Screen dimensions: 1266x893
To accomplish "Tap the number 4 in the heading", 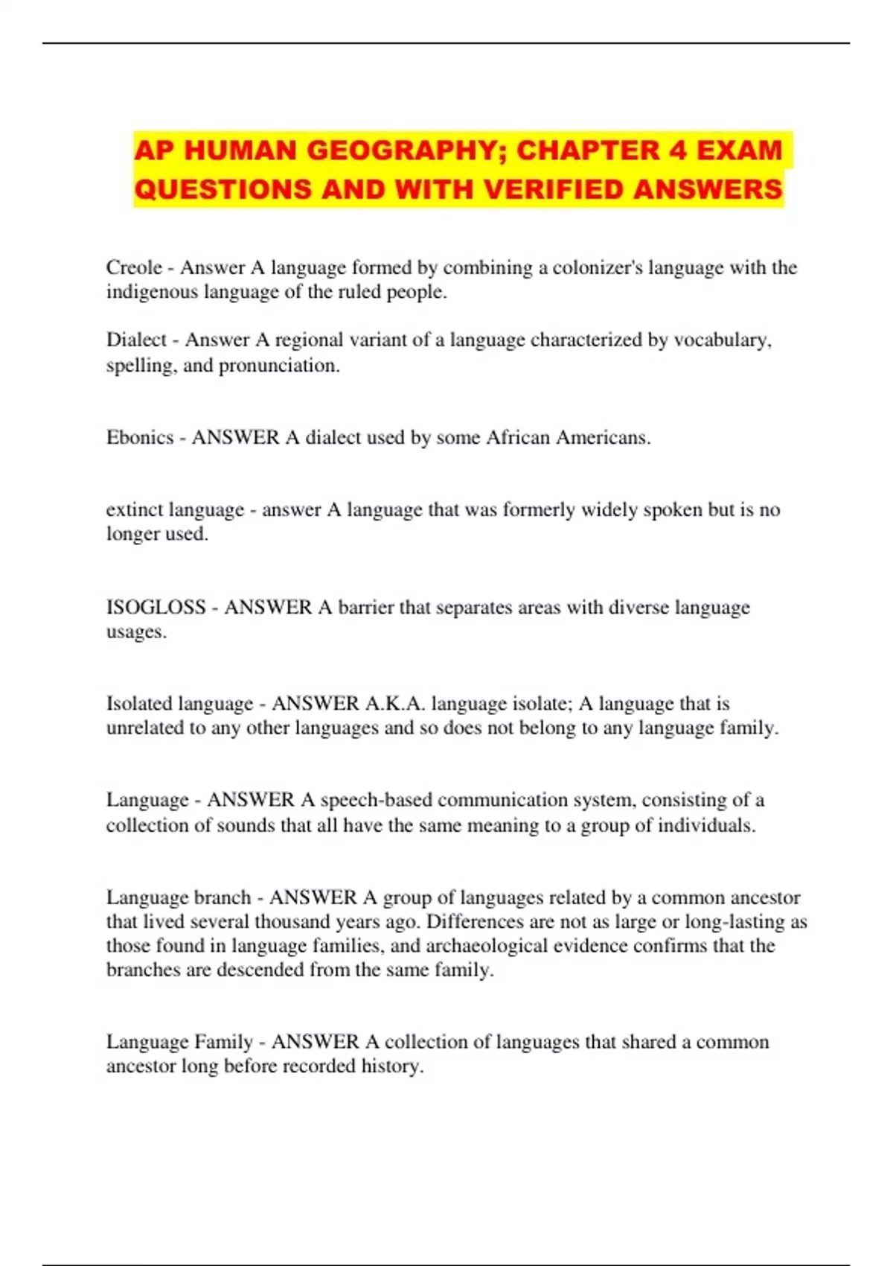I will click(676, 150).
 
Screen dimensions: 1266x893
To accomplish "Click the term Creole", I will click(134, 267).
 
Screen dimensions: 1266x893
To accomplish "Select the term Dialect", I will click(136, 340).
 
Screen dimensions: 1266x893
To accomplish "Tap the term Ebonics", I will click(140, 437).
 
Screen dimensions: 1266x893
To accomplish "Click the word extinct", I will click(135, 510).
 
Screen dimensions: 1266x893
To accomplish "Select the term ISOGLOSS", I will click(156, 607).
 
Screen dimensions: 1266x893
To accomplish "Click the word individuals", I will click(705, 825).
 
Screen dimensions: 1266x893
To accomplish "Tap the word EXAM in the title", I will click(739, 150).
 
